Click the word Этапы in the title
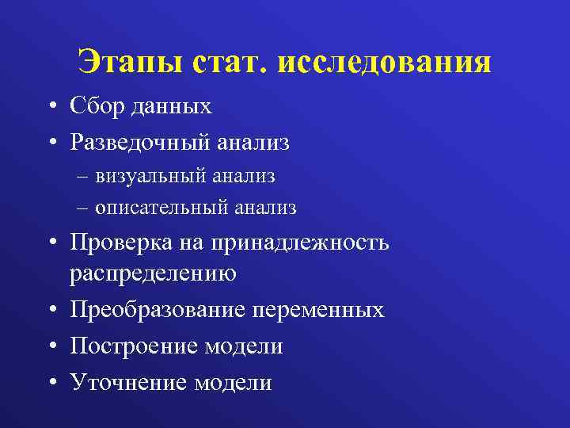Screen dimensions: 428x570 (128, 62)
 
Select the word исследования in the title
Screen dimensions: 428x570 (385, 62)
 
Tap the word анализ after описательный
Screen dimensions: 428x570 (264, 208)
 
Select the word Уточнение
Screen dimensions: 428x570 (127, 383)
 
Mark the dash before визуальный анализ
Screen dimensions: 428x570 (84, 177)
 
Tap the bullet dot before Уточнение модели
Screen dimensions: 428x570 (50, 384)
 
